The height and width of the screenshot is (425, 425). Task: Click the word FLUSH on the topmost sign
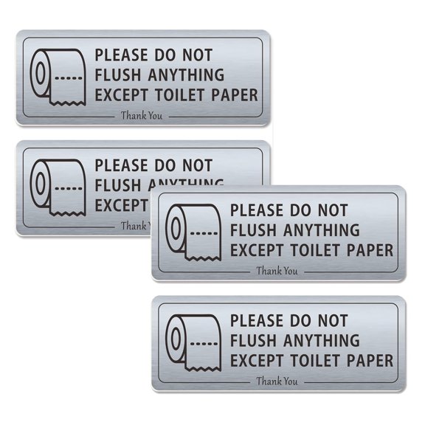(117, 75)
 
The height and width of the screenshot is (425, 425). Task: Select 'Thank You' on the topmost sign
(142, 115)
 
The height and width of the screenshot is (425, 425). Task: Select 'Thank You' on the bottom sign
(277, 381)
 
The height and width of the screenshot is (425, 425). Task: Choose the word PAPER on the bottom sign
(370, 360)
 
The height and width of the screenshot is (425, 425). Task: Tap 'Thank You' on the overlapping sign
(277, 271)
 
